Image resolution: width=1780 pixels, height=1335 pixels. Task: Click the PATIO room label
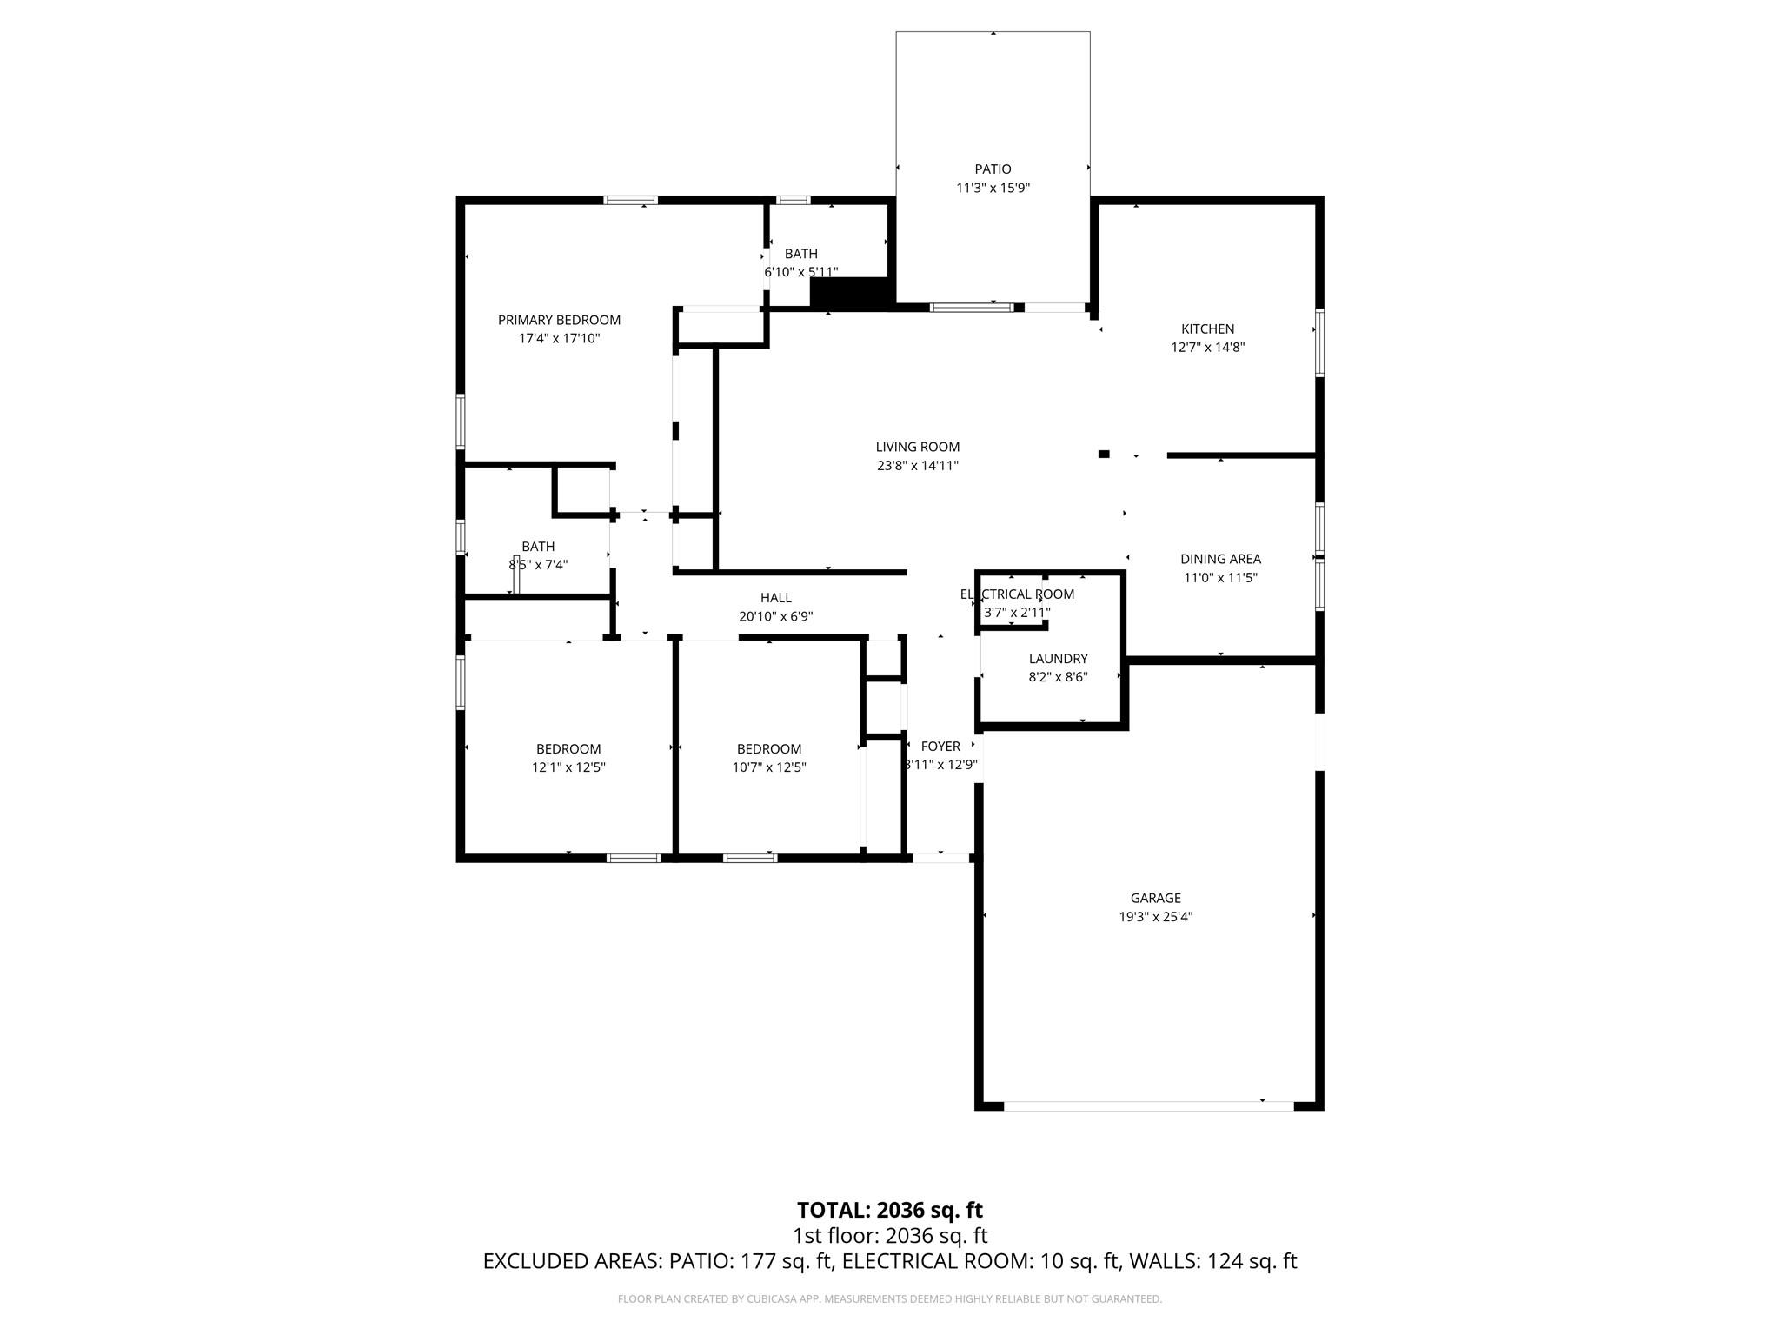coord(993,169)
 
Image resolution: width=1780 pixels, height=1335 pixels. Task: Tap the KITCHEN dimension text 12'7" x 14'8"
coord(1207,348)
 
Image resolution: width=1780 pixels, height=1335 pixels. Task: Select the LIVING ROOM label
coord(917,447)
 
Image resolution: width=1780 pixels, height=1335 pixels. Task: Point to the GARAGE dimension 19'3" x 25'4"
coord(1155,916)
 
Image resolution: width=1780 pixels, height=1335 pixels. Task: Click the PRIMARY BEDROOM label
coord(559,320)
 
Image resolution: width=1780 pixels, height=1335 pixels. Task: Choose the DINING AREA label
coord(1220,559)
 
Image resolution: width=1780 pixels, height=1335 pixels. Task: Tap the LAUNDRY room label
coord(1058,659)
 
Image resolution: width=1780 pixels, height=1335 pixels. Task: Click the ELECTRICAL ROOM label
coord(1017,594)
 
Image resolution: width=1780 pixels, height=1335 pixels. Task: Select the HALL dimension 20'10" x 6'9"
coord(775,616)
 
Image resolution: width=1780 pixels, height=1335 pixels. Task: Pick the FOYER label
coord(940,746)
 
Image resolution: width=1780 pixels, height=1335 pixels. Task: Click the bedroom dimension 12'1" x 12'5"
coord(568,767)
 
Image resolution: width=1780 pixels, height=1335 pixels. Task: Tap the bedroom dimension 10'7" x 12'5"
coord(768,767)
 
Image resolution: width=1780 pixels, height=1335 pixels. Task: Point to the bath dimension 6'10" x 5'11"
coord(800,272)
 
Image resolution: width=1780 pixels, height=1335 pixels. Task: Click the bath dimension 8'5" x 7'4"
coord(538,565)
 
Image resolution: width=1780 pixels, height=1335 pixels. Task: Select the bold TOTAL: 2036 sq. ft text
coord(889,1210)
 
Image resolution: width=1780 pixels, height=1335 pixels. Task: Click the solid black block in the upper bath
coord(850,292)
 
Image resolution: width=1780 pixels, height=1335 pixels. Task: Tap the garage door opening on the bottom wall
coord(1148,1106)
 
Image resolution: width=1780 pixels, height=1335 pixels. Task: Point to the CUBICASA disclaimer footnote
coord(889,1299)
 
